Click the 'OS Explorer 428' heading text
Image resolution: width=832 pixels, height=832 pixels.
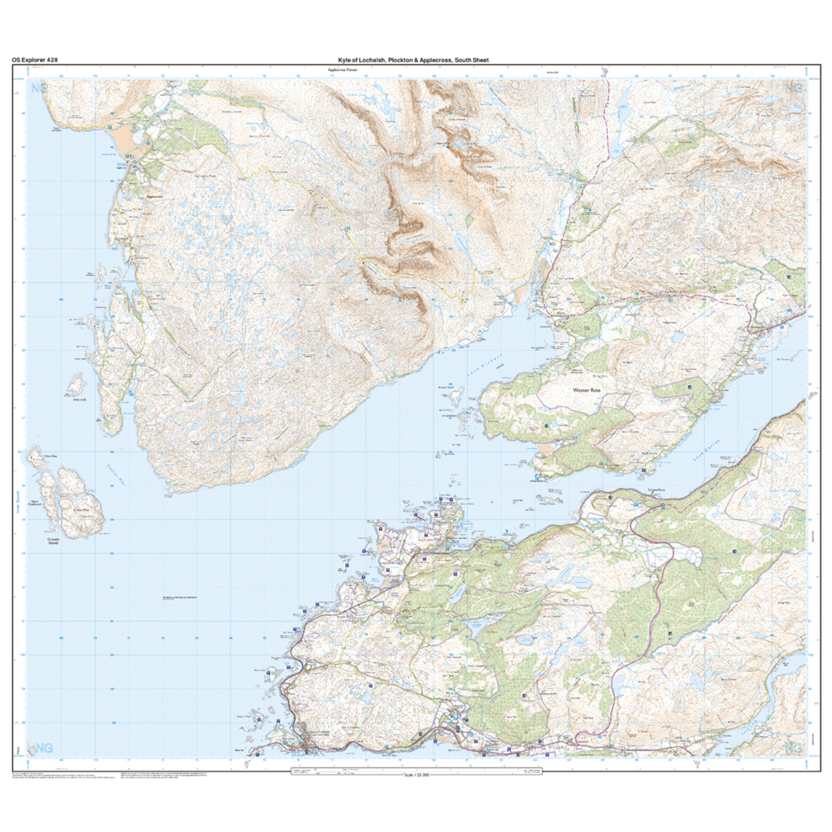pos(34,60)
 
